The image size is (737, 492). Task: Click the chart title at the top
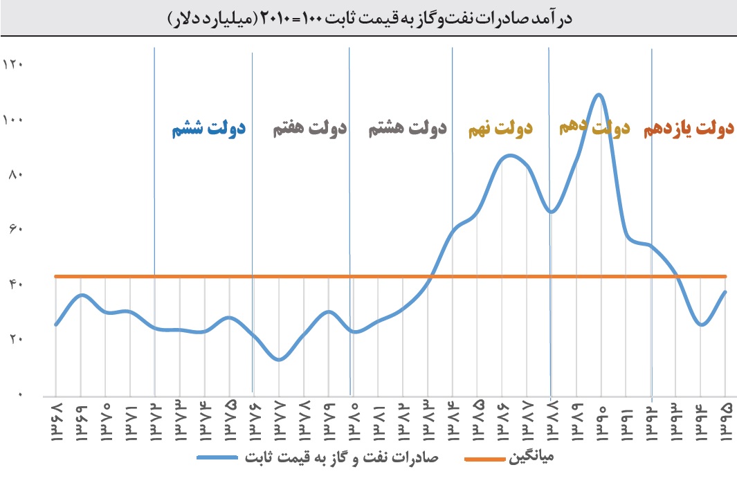click(x=367, y=17)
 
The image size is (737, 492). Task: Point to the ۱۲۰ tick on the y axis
click(x=14, y=65)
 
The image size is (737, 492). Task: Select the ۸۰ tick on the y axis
click(x=14, y=174)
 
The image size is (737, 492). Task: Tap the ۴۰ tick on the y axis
click(x=14, y=284)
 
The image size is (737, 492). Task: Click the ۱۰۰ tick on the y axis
click(x=14, y=120)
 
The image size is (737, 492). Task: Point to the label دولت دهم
click(x=594, y=128)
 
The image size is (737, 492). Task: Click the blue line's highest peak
click(x=599, y=95)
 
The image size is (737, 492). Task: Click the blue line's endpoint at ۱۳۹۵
click(x=725, y=291)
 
